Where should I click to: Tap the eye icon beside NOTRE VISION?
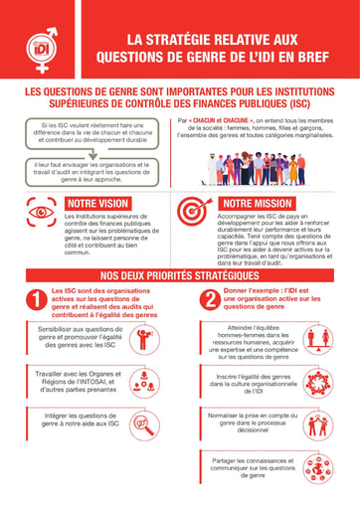[x=41, y=212]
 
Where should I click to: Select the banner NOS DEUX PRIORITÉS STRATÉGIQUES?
[x=180, y=273]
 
